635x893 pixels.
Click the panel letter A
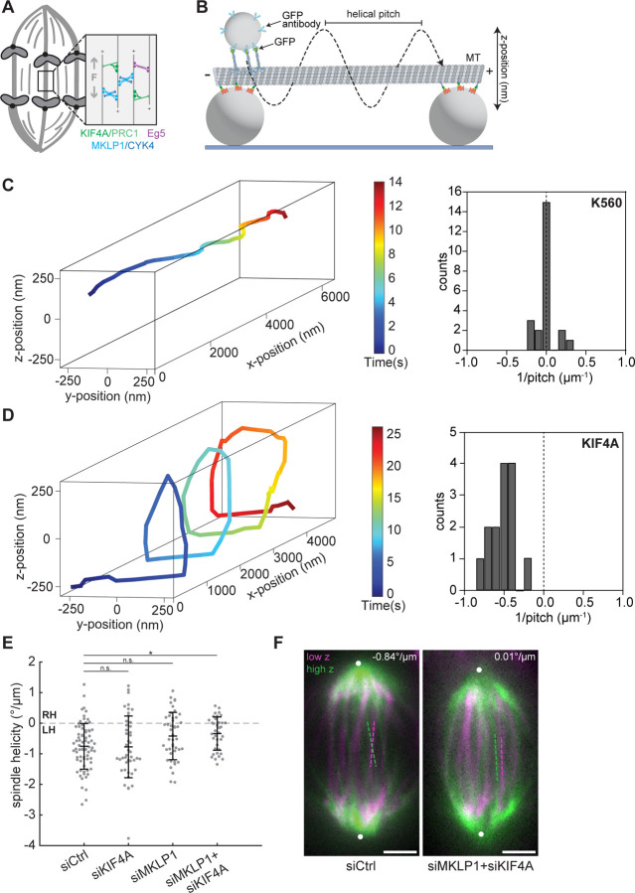pos(9,9)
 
